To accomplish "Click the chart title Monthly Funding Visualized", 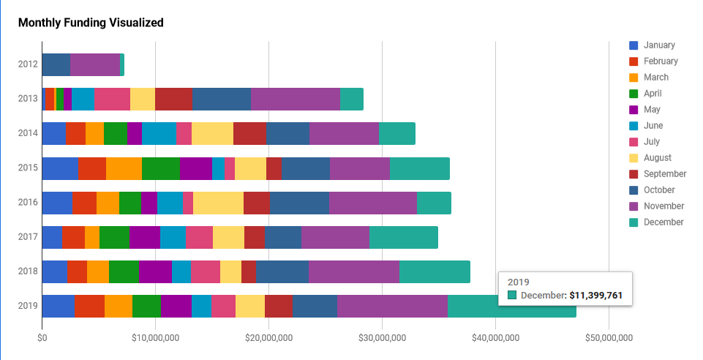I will tap(91, 23).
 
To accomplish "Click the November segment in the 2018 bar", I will tap(353, 271).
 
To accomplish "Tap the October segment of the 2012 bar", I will tap(56, 64).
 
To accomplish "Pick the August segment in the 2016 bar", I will tap(218, 203).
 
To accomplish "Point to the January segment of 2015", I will tap(60, 168).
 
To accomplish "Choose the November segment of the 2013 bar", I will tap(296, 99).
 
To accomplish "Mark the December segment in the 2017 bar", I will tap(404, 237).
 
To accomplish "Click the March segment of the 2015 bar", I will tap(124, 168).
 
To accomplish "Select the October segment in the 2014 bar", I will tap(287, 134).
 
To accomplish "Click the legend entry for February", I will tap(661, 61).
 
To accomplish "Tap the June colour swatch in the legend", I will tap(634, 126).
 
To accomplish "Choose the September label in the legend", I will tap(665, 174).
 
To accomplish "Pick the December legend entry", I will tap(663, 222).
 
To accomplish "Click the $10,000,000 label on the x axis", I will tap(155, 337).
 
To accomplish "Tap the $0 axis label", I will tap(42, 337).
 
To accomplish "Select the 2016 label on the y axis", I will tap(27, 203).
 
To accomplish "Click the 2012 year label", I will tap(27, 64).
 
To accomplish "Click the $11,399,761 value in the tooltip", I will tap(595, 295).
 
